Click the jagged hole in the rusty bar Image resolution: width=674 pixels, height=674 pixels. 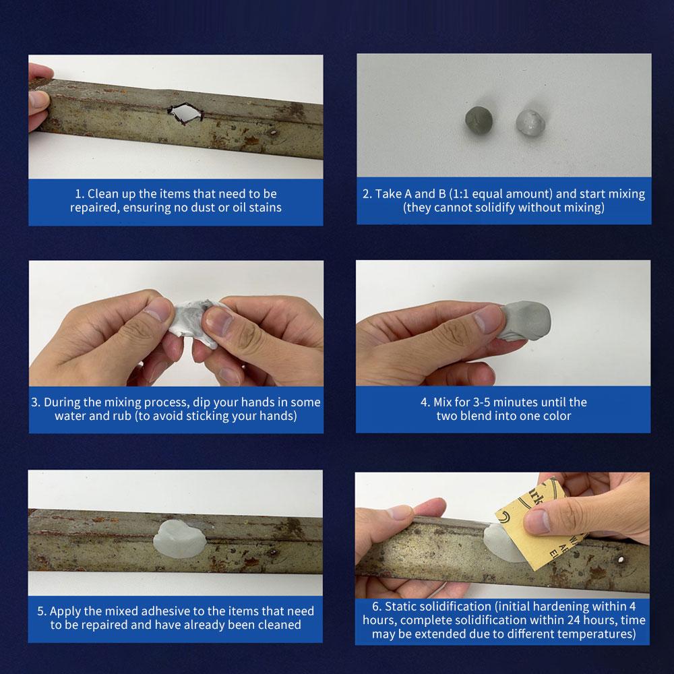click(x=185, y=114)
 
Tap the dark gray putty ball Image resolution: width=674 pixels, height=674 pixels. click(x=479, y=119)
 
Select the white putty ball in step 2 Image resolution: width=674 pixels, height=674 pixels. click(x=530, y=121)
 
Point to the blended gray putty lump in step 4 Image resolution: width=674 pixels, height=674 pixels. click(x=524, y=321)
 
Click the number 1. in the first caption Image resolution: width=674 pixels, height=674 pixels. click(x=80, y=194)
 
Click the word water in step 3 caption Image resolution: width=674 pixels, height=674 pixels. click(x=71, y=416)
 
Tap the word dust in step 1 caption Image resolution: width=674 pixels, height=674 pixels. click(x=204, y=208)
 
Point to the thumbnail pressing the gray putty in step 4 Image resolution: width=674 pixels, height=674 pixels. click(x=488, y=319)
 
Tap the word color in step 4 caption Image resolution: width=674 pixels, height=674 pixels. click(x=556, y=416)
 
